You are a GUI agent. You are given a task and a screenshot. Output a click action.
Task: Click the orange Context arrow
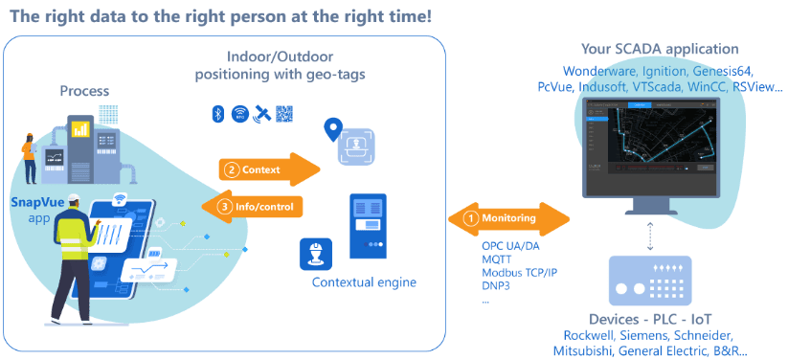point(269,169)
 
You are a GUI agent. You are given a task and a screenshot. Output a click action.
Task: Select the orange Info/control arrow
point(252,206)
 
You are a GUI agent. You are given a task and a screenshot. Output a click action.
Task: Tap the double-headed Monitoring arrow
point(508,218)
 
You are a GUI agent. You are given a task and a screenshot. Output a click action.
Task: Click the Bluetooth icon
point(217,114)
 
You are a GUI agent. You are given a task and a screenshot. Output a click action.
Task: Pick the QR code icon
point(284,114)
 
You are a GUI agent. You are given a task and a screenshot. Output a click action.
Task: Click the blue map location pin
point(331,129)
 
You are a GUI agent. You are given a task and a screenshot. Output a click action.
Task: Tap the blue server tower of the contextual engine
point(369,226)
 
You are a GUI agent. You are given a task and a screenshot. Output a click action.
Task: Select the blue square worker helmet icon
point(316,254)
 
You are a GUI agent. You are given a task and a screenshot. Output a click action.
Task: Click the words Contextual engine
point(365,282)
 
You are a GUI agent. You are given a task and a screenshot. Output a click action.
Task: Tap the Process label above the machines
point(84,91)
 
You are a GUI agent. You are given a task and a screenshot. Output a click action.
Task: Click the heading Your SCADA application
point(660,49)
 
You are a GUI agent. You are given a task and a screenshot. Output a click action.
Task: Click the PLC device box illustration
point(650,281)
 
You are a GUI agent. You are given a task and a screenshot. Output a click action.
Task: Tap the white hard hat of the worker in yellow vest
point(75,199)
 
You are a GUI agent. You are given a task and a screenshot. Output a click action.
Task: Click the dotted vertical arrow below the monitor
point(650,236)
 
